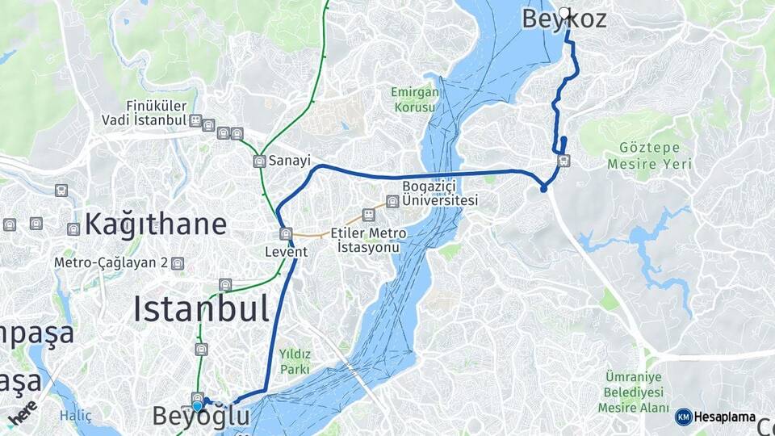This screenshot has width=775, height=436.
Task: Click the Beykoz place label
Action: click(563, 19)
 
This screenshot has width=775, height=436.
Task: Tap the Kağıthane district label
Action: click(155, 224)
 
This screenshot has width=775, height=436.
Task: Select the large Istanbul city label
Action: click(200, 308)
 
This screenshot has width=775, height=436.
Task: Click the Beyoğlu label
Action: click(201, 417)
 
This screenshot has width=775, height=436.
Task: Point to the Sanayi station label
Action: click(290, 161)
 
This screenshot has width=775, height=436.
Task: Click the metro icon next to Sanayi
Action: click(259, 161)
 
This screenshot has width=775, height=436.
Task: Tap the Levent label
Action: click(287, 252)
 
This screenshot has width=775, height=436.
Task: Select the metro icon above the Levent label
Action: click(285, 234)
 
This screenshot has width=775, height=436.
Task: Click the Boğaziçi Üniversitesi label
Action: click(441, 194)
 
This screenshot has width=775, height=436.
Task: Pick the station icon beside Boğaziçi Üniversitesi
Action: click(392, 201)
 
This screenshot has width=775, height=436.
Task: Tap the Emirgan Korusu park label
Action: click(416, 99)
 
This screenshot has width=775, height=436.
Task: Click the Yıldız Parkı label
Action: click(295, 361)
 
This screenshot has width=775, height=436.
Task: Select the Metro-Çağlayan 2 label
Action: click(111, 263)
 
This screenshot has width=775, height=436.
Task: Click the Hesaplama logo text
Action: click(724, 417)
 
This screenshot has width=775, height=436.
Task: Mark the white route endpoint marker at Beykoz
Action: click(563, 13)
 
